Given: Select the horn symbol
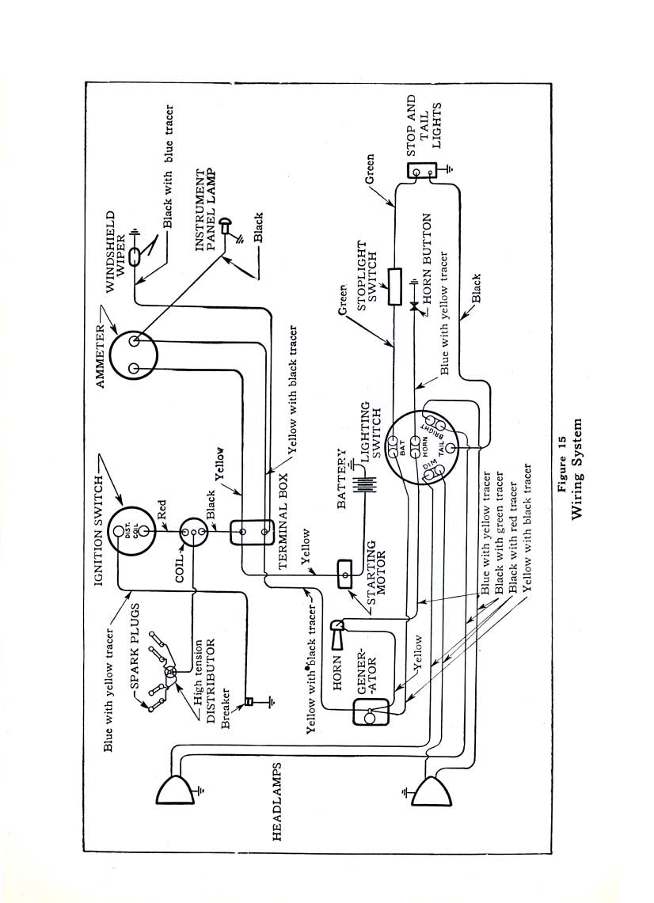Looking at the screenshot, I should [337, 633].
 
